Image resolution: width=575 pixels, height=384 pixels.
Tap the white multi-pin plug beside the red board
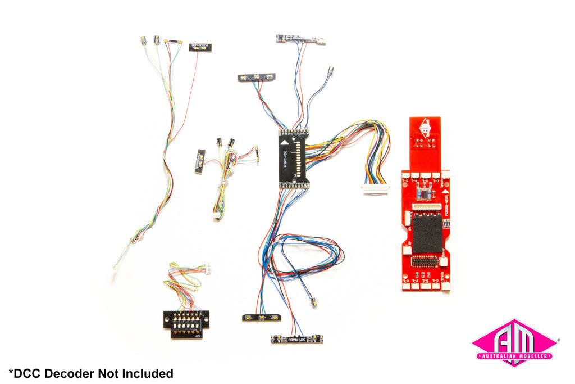(376, 189)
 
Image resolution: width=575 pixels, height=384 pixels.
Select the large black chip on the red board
(427, 233)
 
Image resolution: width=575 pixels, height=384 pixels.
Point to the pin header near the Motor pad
(427, 261)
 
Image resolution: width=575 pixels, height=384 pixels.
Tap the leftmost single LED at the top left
(143, 40)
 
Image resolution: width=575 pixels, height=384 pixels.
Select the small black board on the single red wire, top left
(200, 48)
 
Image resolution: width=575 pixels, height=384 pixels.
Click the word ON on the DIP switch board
(198, 337)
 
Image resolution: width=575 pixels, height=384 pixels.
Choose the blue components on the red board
(425, 193)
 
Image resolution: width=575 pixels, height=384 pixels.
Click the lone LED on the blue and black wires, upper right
(331, 72)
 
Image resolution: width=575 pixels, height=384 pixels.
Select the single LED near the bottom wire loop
(314, 302)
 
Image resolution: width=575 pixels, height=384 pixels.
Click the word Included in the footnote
(148, 373)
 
